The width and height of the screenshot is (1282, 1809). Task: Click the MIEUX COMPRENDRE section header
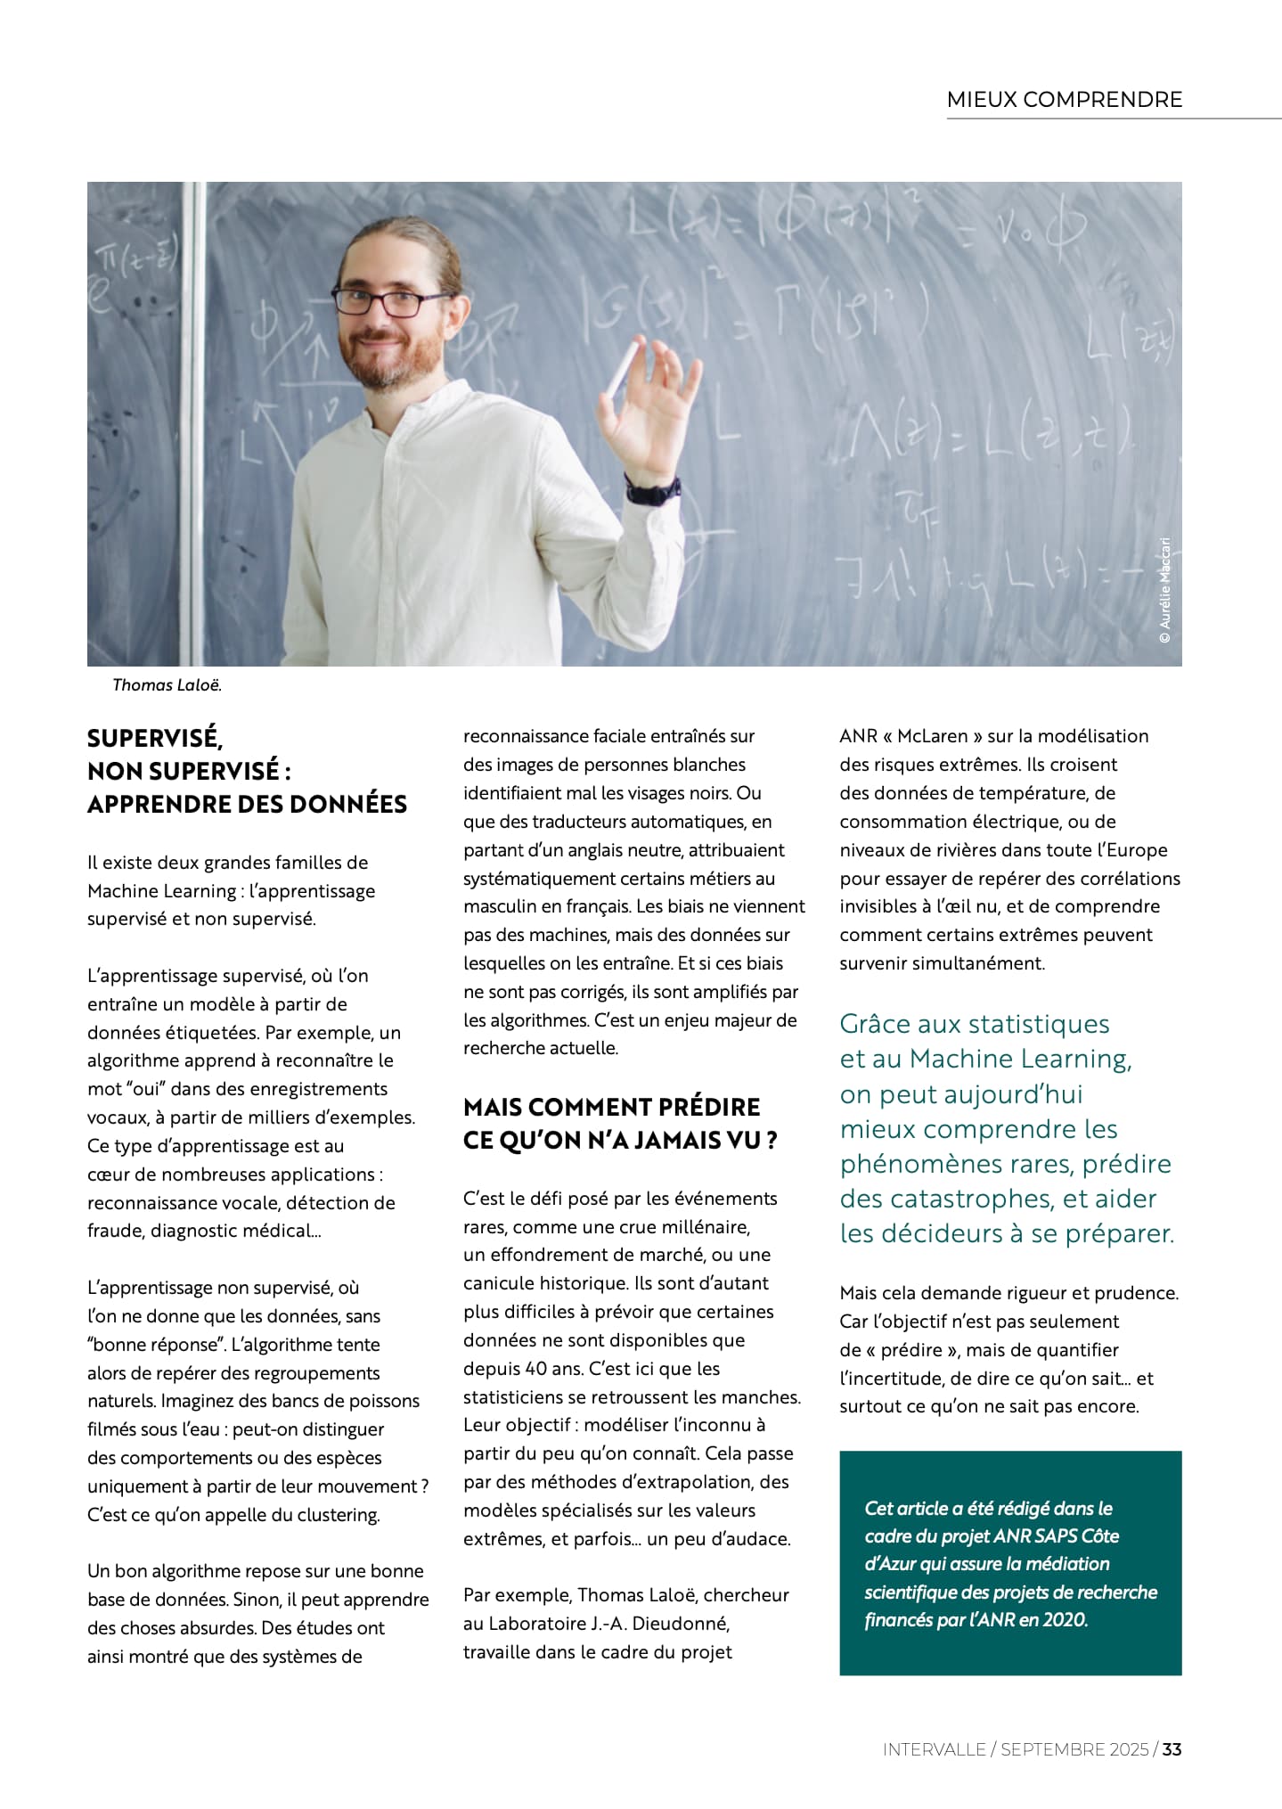(1064, 100)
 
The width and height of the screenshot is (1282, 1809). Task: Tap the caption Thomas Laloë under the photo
(167, 685)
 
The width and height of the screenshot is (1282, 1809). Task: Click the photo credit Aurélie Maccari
(1164, 589)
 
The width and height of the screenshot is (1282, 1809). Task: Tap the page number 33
(1172, 1749)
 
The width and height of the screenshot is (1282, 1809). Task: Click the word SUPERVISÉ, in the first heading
(155, 738)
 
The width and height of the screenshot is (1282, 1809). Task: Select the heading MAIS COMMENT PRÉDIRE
(611, 1107)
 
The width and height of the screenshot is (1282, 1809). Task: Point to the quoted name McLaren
(932, 736)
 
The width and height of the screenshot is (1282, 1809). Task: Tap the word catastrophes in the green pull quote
(947, 1199)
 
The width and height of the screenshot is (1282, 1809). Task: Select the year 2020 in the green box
(1066, 1619)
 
